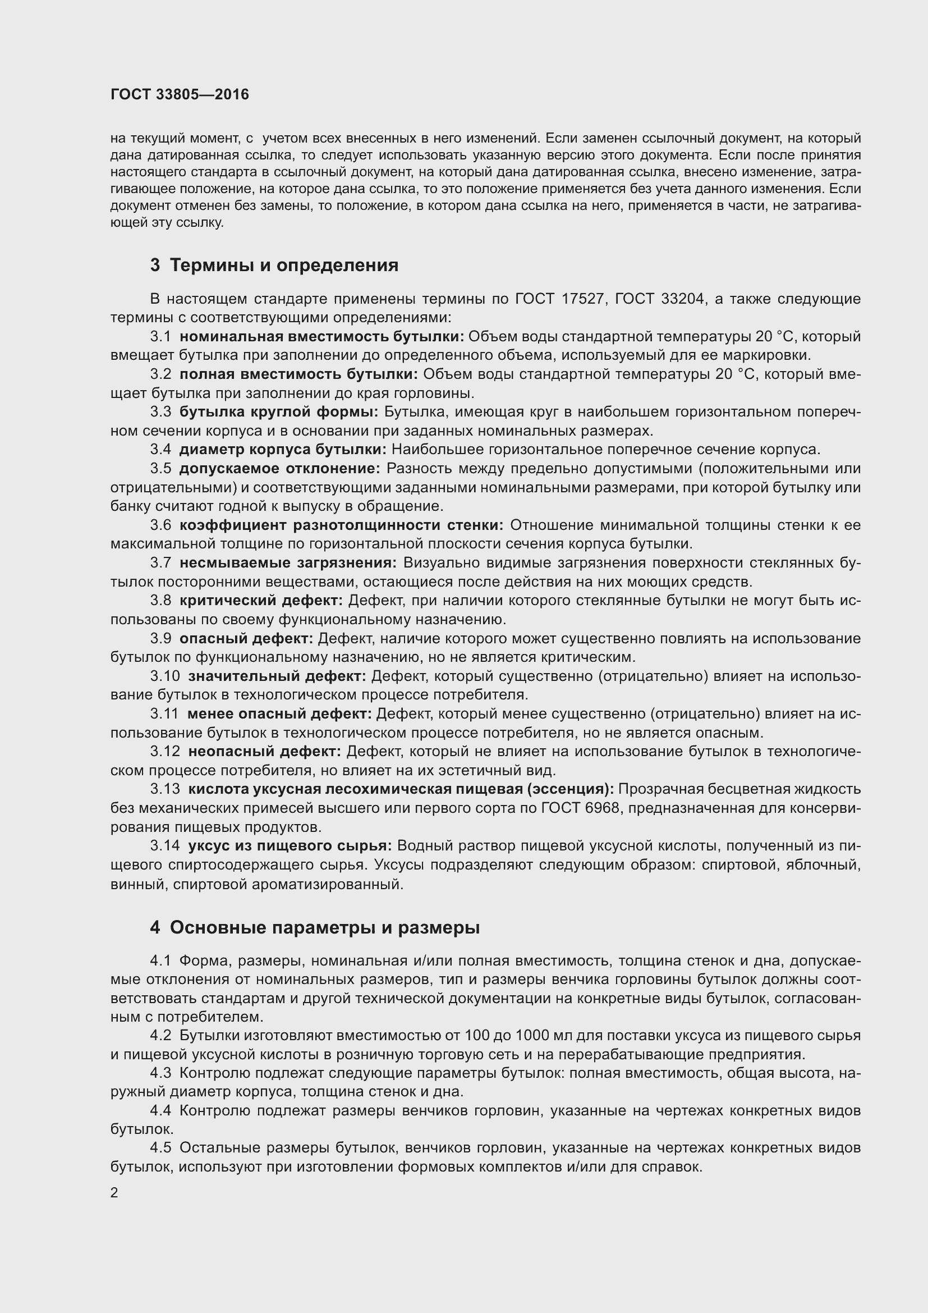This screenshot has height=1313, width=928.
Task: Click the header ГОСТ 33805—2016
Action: point(180,94)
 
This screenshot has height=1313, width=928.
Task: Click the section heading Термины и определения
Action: point(283,266)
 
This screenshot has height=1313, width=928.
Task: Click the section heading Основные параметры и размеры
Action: point(324,927)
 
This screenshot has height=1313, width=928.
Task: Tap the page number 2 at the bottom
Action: point(114,1193)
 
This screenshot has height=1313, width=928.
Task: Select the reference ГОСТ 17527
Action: point(559,299)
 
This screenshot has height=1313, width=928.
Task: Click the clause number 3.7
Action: point(160,562)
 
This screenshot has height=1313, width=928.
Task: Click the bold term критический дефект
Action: point(260,601)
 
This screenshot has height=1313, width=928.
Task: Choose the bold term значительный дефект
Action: point(277,676)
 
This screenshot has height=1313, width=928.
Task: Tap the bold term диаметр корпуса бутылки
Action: point(283,450)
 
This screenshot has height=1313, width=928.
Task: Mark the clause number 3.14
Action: point(164,846)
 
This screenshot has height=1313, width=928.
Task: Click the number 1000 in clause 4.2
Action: point(533,1036)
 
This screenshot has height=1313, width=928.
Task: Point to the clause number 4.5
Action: point(160,1148)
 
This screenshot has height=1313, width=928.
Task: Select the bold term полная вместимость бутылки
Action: point(298,374)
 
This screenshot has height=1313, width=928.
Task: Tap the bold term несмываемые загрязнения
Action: point(287,562)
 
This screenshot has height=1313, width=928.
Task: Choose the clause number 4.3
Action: point(160,1073)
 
